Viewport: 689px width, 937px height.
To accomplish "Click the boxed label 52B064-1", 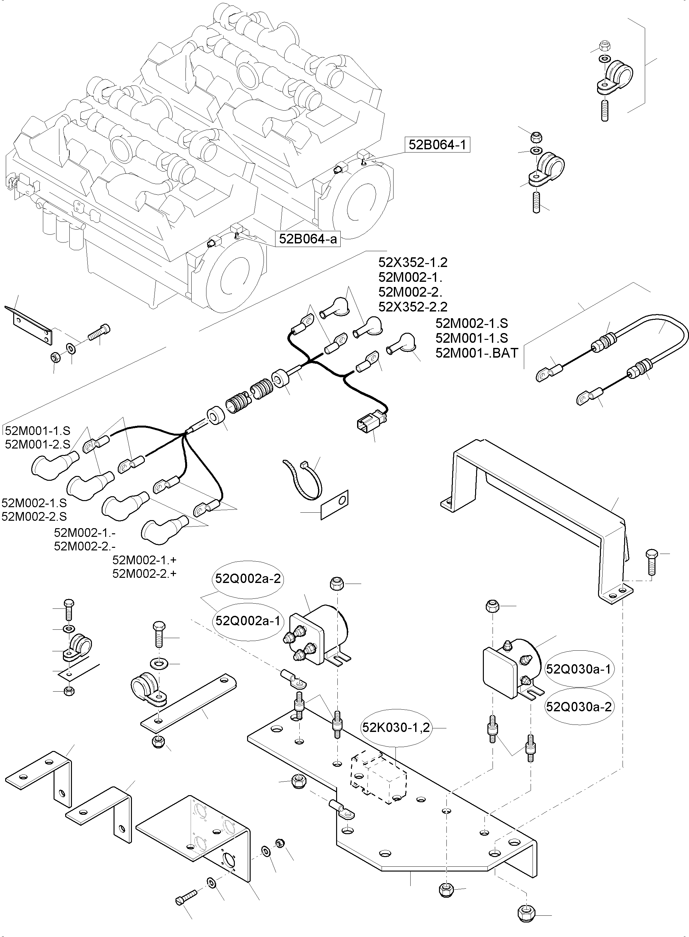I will tap(437, 145).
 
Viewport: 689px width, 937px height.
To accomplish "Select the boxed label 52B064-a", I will tap(307, 239).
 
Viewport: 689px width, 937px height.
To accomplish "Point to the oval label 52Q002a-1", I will tap(248, 621).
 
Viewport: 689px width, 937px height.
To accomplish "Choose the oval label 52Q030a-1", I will tap(578, 669).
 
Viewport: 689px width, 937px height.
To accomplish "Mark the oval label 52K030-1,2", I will tap(395, 727).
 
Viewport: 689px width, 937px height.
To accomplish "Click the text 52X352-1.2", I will tap(413, 262).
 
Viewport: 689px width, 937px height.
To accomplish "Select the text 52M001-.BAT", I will tap(476, 353).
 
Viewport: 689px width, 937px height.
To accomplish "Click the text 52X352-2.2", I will tap(413, 307).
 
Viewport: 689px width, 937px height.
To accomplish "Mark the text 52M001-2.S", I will tap(37, 444).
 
